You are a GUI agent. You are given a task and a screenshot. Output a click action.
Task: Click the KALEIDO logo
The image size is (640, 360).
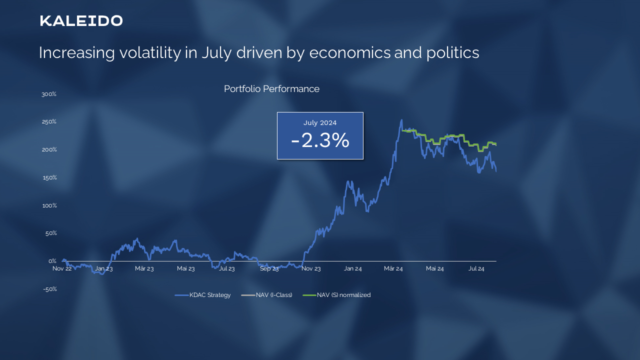81,21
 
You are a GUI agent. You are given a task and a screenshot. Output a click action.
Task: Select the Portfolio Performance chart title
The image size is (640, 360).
271,89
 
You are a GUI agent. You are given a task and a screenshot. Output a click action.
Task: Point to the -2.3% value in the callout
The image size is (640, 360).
320,140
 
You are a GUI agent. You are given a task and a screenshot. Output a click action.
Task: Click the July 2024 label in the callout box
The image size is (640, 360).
320,122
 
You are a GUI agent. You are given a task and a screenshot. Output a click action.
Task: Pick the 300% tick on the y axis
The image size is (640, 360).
49,94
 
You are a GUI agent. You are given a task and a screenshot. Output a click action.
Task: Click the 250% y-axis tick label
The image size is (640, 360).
49,122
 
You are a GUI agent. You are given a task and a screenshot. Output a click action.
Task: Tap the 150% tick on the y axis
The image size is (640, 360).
49,177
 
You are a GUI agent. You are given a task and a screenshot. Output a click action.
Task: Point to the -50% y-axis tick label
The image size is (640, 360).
49,289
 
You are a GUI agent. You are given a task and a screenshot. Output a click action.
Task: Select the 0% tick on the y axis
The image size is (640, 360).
52,261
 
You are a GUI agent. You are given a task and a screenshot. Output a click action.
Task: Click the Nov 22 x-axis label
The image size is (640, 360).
62,268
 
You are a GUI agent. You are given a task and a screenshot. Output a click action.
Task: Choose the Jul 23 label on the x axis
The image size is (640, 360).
227,268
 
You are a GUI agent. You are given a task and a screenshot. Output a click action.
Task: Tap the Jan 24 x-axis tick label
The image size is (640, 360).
352,268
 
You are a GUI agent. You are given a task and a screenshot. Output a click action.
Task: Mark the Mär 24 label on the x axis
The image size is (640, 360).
393,268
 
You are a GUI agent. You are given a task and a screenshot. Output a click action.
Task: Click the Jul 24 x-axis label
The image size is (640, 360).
476,268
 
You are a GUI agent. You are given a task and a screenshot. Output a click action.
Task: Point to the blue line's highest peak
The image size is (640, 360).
401,120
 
